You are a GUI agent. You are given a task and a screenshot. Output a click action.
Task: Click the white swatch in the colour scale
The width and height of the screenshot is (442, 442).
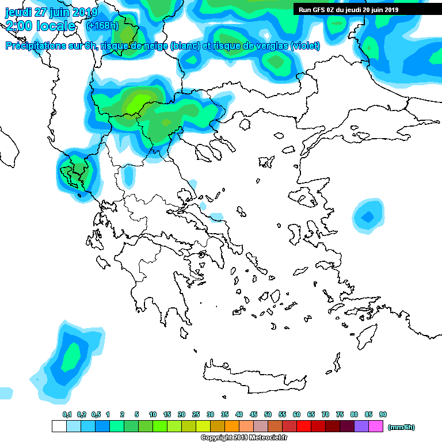tap(59, 426)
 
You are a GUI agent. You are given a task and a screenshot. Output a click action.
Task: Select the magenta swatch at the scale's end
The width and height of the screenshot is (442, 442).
tap(376, 426)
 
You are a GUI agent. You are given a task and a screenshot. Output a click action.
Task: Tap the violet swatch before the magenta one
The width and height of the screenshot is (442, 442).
tap(361, 426)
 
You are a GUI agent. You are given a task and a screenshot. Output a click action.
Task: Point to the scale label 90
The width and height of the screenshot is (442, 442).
tap(383, 414)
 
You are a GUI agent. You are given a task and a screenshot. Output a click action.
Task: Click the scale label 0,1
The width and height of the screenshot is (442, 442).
tap(67, 414)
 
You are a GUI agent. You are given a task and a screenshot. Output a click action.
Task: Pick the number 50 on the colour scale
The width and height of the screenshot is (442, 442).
tap(268, 414)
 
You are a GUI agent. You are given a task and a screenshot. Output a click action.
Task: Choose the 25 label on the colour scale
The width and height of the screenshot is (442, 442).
tap(196, 414)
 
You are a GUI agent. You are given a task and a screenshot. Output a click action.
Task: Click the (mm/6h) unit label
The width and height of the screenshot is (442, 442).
tap(401, 427)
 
